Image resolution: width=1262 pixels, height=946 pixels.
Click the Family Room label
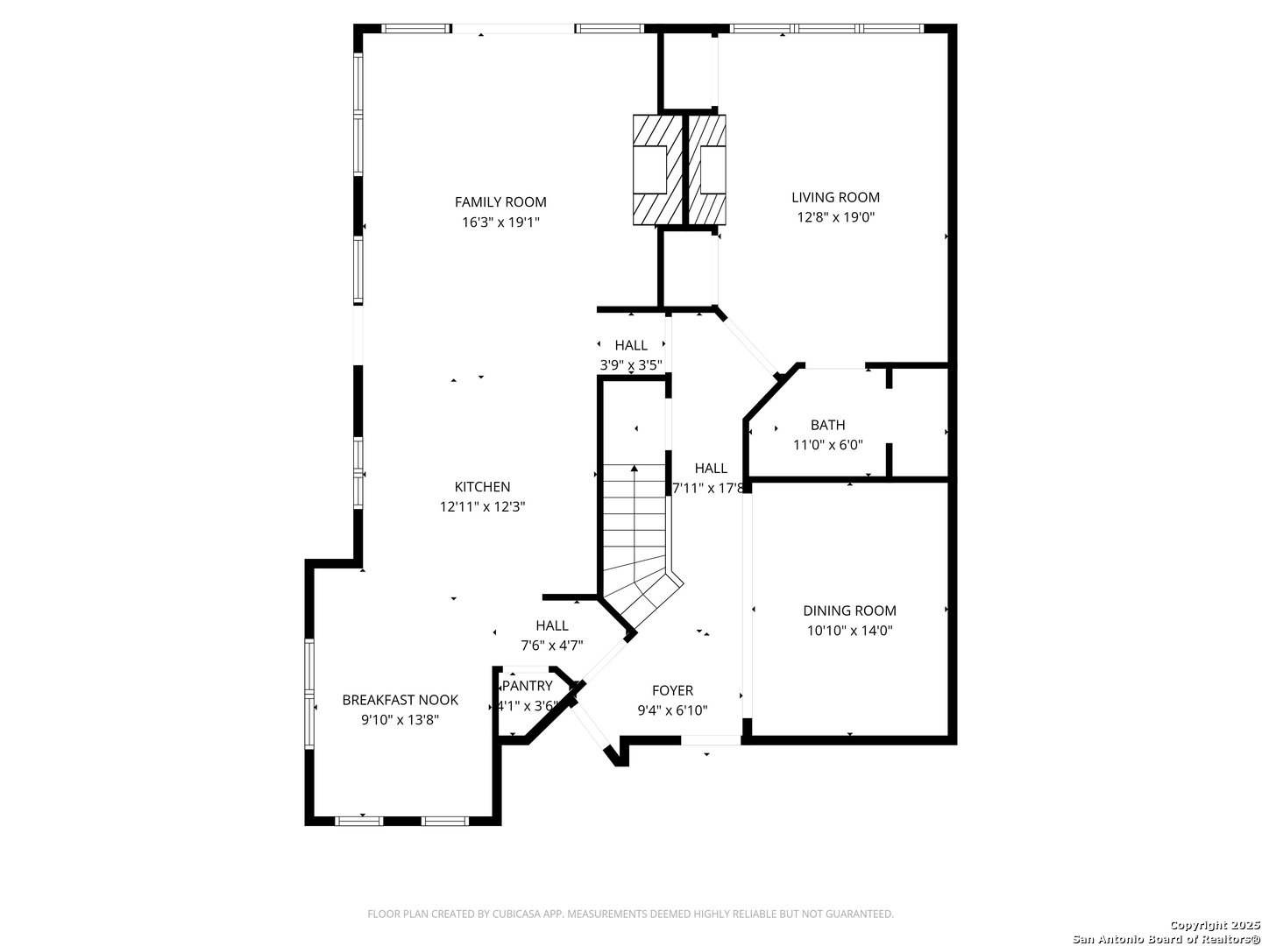500,202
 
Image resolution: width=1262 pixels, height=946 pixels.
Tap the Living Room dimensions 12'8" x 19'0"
835,217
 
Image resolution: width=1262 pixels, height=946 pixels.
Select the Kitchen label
482,487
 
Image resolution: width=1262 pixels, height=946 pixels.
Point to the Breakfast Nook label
401,700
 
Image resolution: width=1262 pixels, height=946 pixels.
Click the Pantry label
528,686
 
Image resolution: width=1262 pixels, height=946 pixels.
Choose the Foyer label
673,690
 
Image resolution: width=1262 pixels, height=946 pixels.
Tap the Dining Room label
850,611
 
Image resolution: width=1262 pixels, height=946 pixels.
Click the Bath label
828,425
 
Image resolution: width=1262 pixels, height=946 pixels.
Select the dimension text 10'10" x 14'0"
850,631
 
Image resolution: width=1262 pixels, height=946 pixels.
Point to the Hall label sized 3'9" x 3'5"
631,345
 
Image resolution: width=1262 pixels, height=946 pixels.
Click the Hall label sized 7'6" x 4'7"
552,625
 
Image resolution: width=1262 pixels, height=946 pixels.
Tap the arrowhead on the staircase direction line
635,468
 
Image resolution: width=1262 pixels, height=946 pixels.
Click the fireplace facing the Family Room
658,170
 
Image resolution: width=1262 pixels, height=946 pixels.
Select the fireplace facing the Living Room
706,170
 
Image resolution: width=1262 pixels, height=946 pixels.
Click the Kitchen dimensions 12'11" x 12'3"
482,506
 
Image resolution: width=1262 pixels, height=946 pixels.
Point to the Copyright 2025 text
1214,925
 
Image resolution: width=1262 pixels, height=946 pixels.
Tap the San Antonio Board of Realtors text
1166,938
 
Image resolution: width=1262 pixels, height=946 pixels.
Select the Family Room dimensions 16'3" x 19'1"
500,222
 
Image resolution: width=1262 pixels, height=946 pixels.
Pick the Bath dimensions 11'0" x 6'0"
828,445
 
